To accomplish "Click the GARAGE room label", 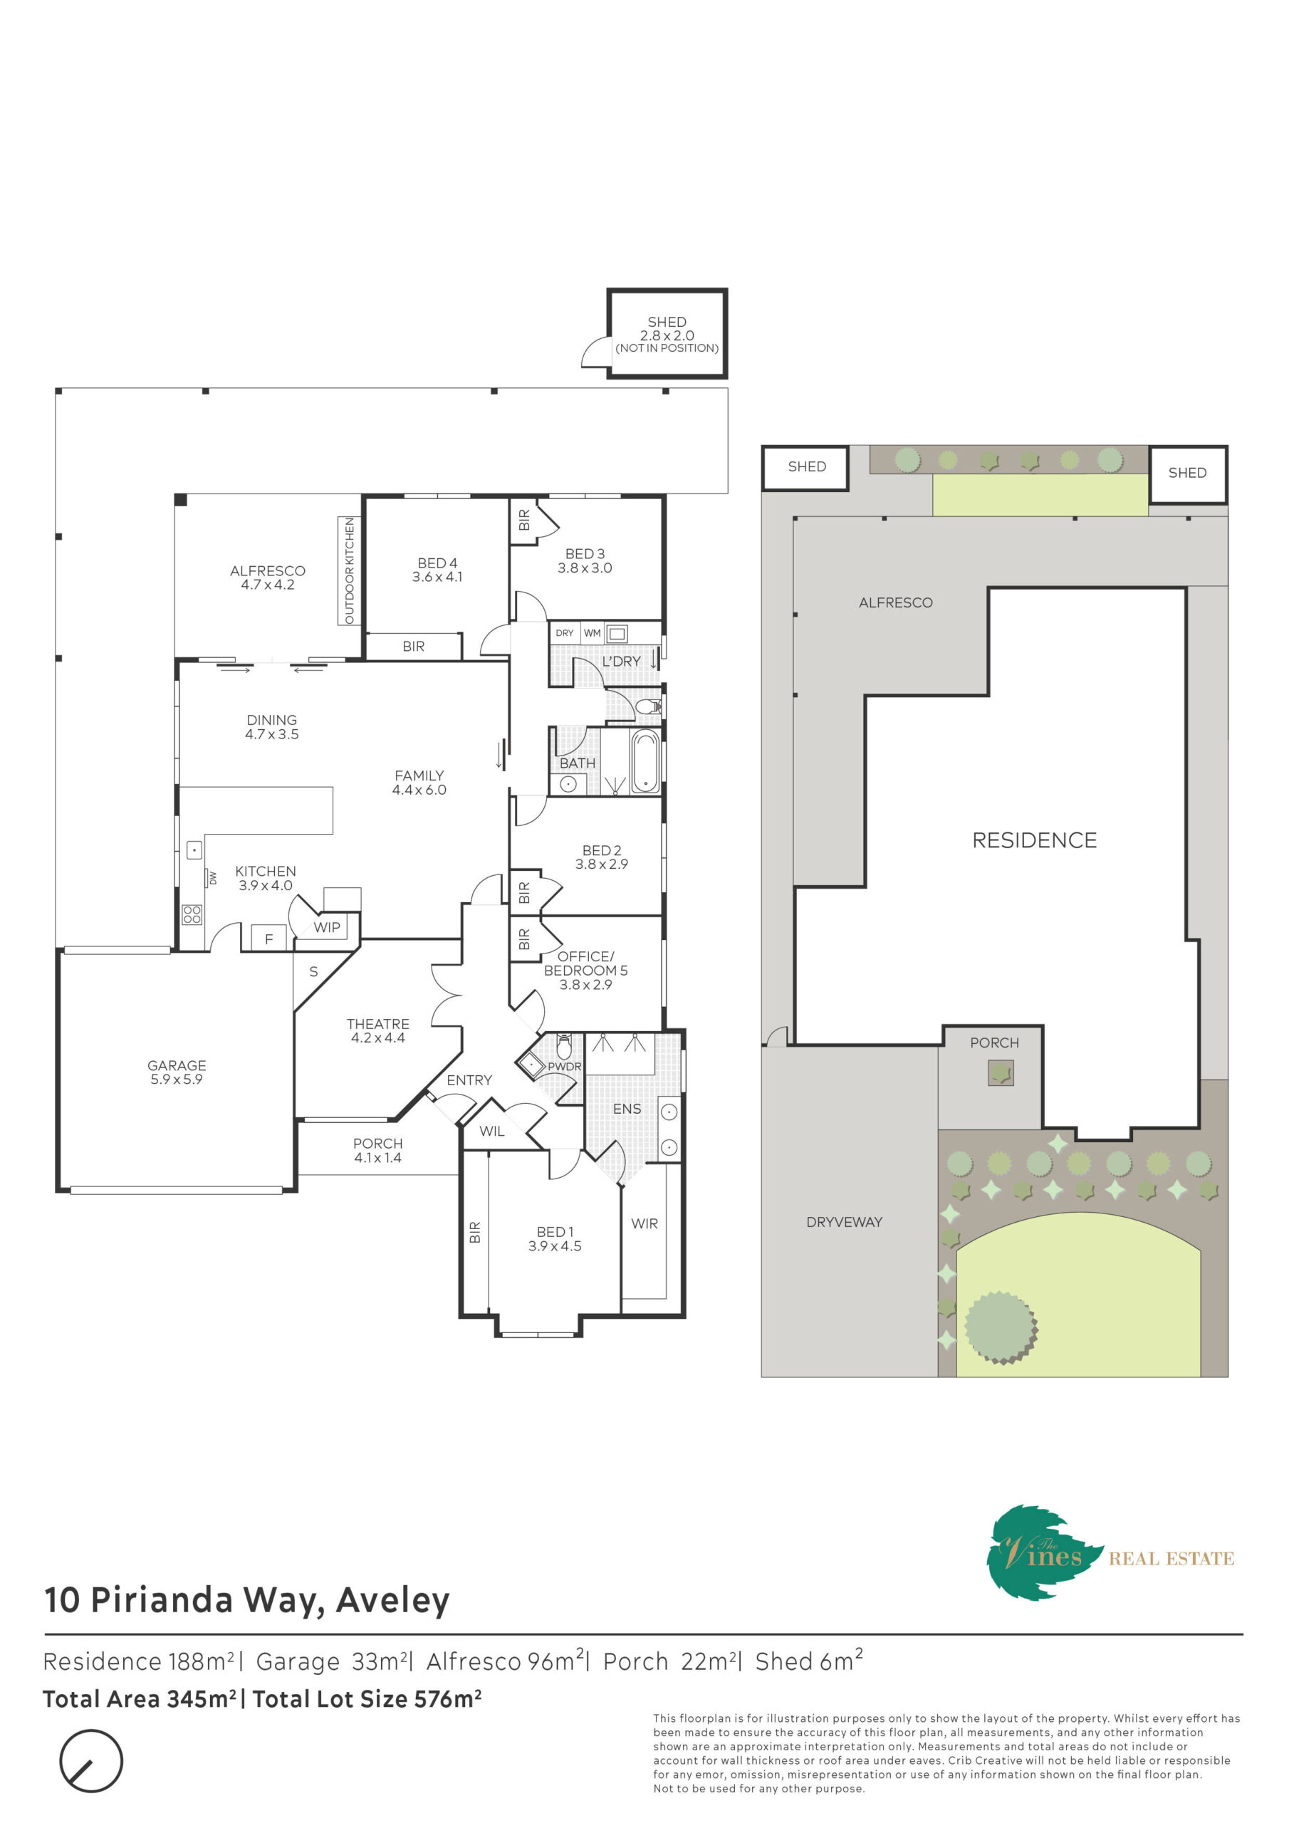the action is pos(177,1065).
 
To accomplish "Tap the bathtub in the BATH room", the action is pos(645,761).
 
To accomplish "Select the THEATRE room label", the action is pos(378,1024).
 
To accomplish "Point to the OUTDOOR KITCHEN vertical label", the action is pos(350,571).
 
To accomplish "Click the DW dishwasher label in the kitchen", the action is pos(213,877).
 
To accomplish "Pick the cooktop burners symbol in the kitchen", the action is pos(192,914).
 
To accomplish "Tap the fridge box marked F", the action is pos(268,939).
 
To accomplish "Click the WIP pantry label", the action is pos(326,927).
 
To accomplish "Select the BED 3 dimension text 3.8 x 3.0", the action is pos(585,568).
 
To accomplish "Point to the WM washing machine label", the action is pos(593,633).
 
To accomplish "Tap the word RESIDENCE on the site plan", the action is pos(1034,840).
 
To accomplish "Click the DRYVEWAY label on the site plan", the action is pos(844,1222).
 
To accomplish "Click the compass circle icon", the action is pos(91,1760).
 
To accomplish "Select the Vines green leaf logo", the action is pos(1045,1552).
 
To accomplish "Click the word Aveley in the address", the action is pos(393,1601).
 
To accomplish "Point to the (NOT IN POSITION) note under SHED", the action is pos(667,348).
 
